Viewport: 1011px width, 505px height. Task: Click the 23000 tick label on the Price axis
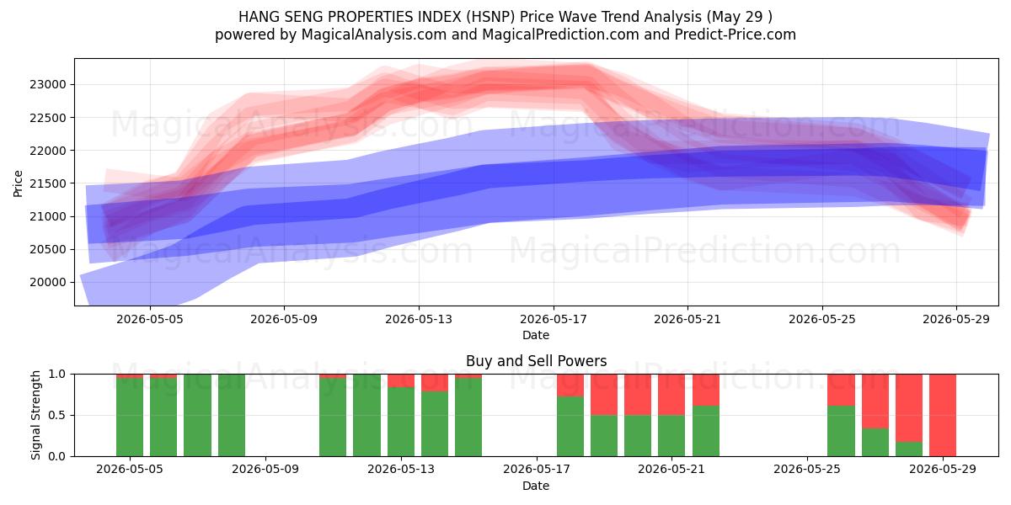48,85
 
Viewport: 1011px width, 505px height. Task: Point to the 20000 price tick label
48,283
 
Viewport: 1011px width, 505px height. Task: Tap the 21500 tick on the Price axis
48,183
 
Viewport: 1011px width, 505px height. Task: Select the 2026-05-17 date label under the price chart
554,320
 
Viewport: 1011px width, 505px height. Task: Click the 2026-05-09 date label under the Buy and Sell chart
265,470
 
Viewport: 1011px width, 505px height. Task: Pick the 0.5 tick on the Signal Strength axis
58,415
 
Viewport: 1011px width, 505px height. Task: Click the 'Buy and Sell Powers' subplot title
536,361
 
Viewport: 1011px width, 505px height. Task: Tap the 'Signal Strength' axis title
35,415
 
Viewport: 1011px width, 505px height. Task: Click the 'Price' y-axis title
18,183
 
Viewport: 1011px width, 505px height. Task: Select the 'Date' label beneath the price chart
536,336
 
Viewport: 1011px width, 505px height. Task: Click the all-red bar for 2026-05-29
943,415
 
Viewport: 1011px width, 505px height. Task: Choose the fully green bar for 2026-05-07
197,415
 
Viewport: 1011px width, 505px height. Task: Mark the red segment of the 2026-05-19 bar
604,395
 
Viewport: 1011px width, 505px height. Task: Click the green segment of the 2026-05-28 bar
909,449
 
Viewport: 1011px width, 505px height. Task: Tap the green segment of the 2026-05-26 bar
842,431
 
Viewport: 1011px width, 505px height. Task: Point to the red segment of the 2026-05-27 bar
875,401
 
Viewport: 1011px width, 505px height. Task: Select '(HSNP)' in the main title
490,17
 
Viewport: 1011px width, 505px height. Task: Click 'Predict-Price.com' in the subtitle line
736,35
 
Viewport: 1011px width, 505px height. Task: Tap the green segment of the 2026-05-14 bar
435,424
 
